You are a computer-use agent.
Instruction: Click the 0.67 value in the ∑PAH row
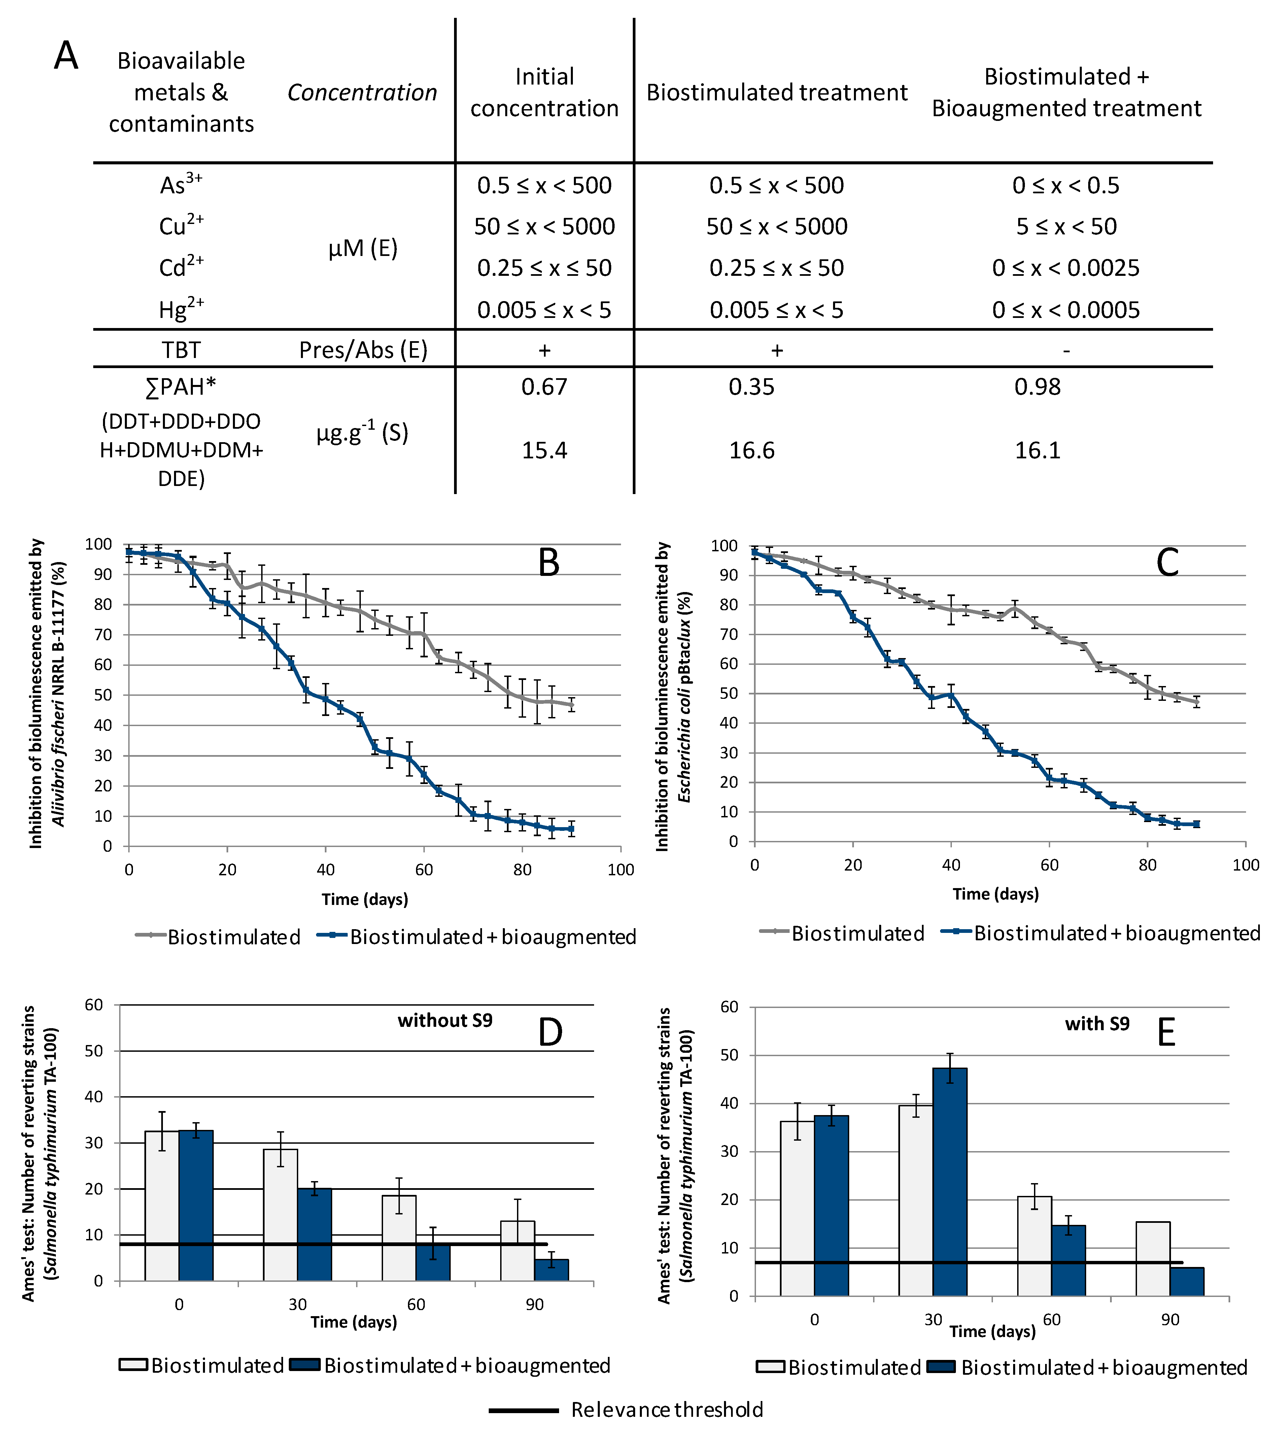(544, 387)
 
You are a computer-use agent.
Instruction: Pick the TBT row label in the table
(181, 349)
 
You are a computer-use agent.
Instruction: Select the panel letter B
(549, 562)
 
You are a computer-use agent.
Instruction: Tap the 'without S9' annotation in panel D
(445, 1020)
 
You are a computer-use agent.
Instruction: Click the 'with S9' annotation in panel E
(1097, 1024)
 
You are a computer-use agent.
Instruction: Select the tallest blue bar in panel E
(950, 1182)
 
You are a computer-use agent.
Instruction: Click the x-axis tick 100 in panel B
(620, 870)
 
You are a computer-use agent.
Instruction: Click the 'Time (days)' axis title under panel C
(996, 893)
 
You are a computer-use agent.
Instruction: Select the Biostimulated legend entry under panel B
(234, 937)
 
